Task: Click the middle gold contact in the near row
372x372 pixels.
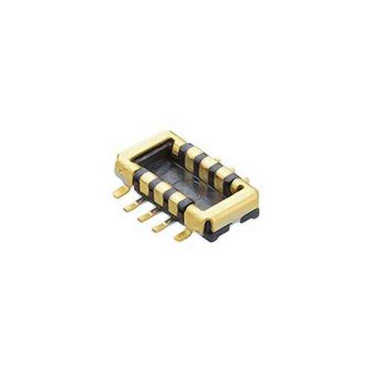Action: [x=161, y=187]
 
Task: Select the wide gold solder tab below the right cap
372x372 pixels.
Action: [x=181, y=234]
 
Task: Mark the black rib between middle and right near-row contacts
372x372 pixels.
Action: [x=169, y=192]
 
